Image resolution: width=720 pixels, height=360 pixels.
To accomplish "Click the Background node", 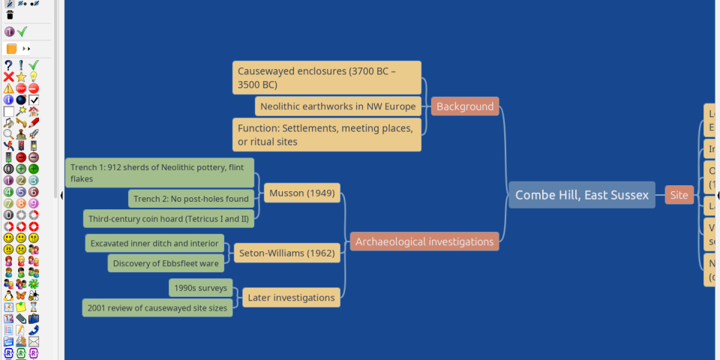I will click(465, 106).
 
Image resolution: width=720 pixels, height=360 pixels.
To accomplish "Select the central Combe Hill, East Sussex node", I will click(581, 195).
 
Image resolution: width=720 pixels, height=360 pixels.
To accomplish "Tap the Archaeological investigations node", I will click(424, 241).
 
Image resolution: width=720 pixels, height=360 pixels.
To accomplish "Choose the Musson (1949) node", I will click(301, 193).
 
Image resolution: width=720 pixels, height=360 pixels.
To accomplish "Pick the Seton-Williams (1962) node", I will click(286, 253).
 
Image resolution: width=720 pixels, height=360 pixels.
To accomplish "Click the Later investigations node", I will click(290, 298).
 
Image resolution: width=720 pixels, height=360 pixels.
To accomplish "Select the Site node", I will click(679, 195).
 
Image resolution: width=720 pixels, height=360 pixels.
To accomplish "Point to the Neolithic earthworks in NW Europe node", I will click(337, 106).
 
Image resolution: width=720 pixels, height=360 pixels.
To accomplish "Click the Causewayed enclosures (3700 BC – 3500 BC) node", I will click(326, 78).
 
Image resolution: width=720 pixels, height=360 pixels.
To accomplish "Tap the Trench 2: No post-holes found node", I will click(191, 199).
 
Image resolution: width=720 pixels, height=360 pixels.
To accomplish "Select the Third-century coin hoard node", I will click(168, 219).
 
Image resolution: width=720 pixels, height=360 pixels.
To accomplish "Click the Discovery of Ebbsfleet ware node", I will click(166, 263).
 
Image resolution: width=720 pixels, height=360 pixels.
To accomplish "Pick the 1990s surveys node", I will click(200, 288).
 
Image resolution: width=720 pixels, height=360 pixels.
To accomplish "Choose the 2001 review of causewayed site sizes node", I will click(157, 307).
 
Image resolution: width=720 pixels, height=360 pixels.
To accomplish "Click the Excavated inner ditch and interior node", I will click(154, 243).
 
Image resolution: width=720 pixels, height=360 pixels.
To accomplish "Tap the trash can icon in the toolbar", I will click(9, 14).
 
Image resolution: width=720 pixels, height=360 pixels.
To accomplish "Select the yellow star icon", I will click(21, 76).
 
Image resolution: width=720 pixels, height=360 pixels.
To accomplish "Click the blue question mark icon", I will click(8, 65).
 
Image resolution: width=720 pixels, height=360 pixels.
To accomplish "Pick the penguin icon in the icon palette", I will click(8, 295).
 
